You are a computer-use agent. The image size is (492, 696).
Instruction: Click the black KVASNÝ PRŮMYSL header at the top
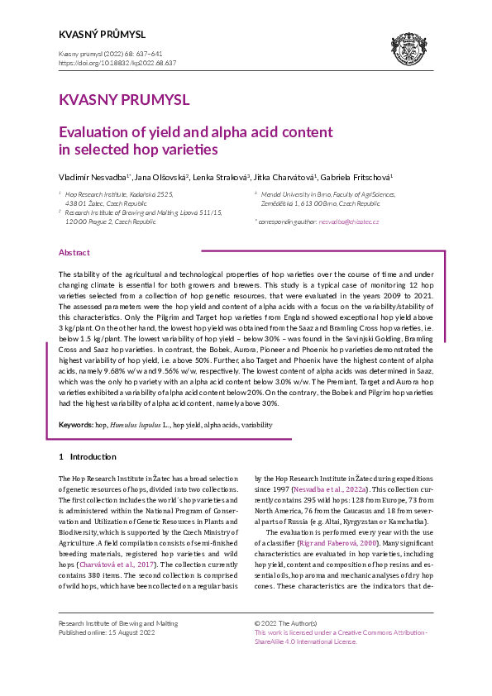pos(102,35)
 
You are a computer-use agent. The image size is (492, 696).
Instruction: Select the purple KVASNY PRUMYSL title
pos(124,100)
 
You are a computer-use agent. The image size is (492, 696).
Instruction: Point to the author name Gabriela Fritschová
pos(357,177)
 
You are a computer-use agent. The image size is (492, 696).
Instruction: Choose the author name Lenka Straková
pos(225,177)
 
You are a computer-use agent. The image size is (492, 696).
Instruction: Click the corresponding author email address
pos(349,222)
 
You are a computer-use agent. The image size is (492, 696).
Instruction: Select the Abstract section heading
pos(74,252)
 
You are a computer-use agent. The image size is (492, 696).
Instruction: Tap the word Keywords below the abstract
pos(75,424)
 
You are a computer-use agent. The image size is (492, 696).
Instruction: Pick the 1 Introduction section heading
pos(87,456)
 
